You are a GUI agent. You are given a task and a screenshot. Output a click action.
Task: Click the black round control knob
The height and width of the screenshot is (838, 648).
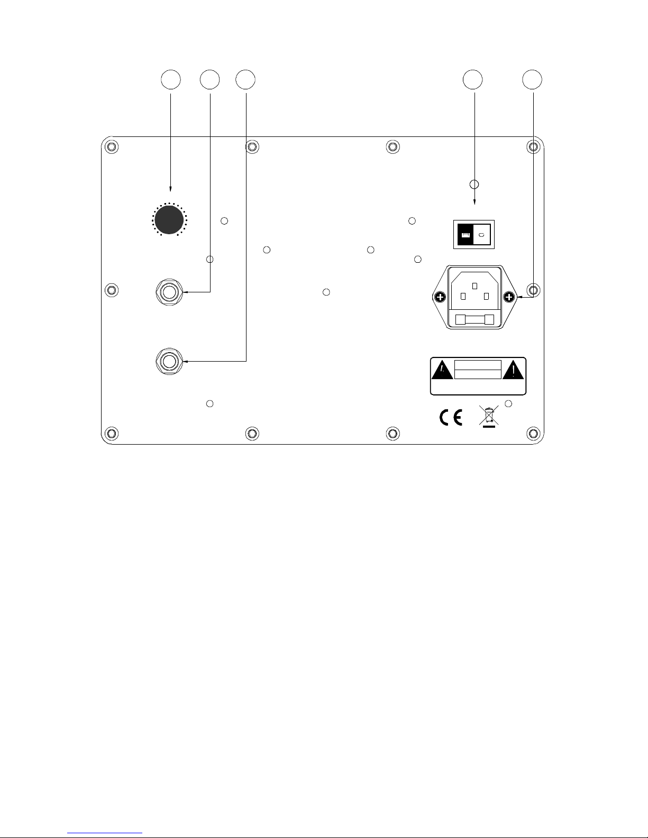[169, 220]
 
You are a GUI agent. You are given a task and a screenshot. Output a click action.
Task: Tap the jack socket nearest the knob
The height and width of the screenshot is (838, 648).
[169, 292]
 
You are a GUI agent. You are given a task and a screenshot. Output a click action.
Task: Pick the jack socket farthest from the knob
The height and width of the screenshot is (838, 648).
[169, 362]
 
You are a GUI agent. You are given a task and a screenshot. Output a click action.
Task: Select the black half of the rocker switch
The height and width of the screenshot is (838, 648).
[465, 234]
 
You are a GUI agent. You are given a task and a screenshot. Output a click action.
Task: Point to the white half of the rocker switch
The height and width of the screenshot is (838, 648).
[482, 234]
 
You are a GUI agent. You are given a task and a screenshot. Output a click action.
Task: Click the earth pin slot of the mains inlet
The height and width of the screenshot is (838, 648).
[475, 286]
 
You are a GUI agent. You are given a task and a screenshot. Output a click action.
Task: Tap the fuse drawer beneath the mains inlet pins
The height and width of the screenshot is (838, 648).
[474, 320]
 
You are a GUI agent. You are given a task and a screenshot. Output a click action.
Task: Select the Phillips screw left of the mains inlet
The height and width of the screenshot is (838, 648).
[440, 297]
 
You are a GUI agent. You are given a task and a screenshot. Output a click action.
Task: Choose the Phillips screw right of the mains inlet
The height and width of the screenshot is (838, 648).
[509, 297]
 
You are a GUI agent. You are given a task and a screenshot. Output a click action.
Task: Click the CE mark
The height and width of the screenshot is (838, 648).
[451, 418]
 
